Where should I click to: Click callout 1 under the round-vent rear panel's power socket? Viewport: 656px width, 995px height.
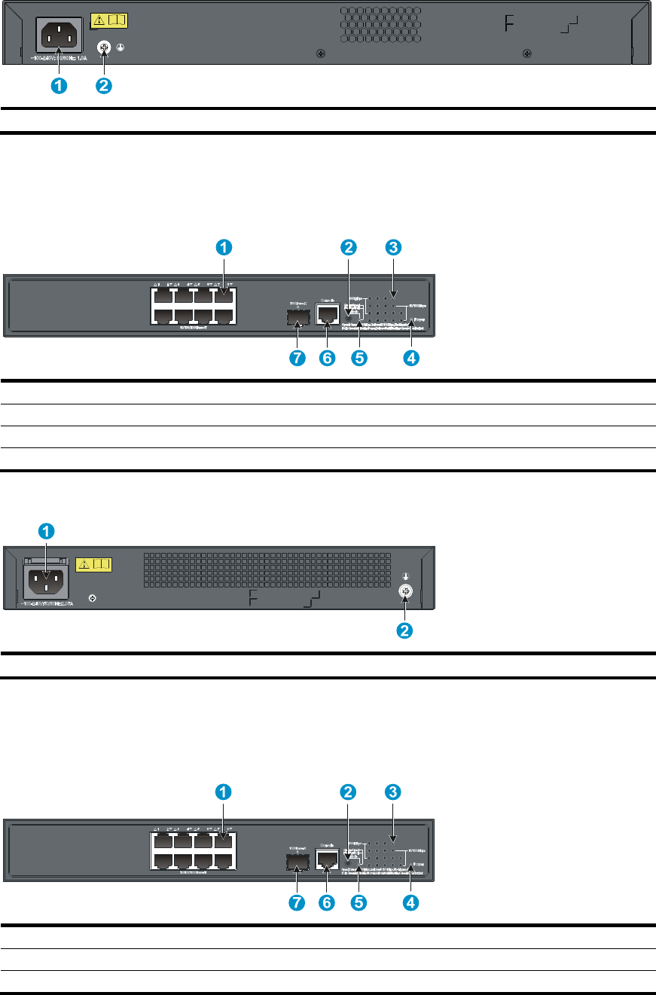coord(58,86)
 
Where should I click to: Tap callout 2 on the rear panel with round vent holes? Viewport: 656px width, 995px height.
coord(104,86)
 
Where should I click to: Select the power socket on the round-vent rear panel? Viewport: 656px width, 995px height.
coord(58,35)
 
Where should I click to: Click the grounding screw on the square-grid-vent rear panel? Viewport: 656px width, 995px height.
coord(404,593)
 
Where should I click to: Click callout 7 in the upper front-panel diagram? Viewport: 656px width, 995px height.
coord(297,359)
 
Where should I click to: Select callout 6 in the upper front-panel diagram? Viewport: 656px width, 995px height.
coord(327,359)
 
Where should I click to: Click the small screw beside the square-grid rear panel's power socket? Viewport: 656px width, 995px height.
coord(92,598)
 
